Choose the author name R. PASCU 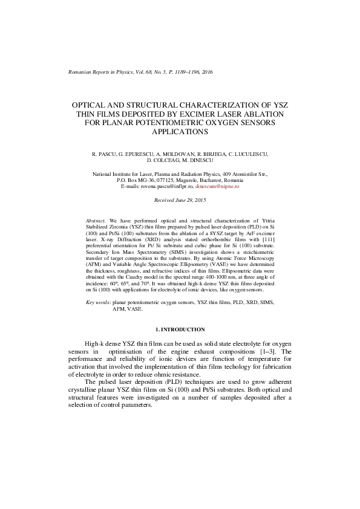coord(104,155)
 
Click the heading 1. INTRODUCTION coord(180,329)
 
